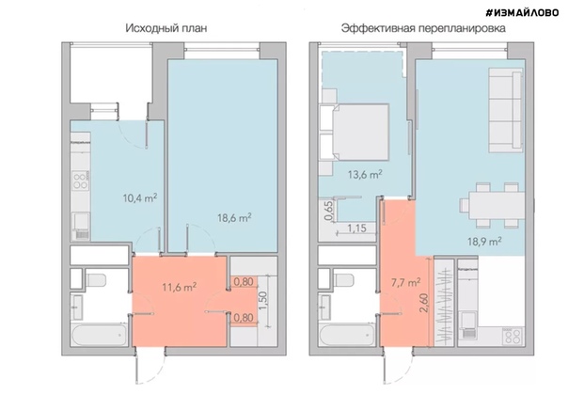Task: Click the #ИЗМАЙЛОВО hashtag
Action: (522, 12)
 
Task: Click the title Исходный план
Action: (166, 28)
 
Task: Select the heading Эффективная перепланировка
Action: (423, 28)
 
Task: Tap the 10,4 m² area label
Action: (140, 198)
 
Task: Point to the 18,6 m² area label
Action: (234, 217)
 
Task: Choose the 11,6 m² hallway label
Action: (180, 287)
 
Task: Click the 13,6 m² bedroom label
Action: (365, 175)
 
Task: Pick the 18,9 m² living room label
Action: (484, 241)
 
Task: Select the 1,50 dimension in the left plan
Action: (263, 300)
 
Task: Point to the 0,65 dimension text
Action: (328, 211)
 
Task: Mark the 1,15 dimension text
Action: (356, 229)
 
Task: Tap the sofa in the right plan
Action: (506, 110)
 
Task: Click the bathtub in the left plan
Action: (100, 335)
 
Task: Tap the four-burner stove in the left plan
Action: (81, 180)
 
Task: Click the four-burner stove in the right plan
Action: (513, 336)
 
